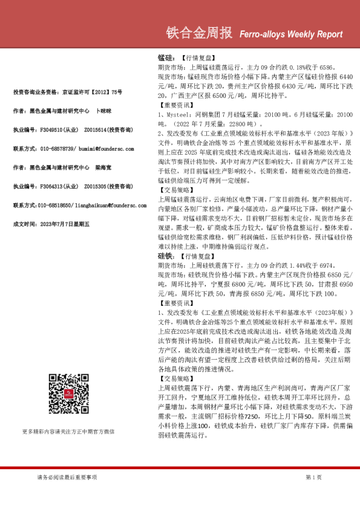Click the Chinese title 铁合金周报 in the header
pyautogui.click(x=198, y=32)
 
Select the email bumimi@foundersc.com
pyautogui.click(x=102, y=148)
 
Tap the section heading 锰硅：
pyautogui.click(x=166, y=57)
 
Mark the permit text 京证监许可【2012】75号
pyautogui.click(x=92, y=91)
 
